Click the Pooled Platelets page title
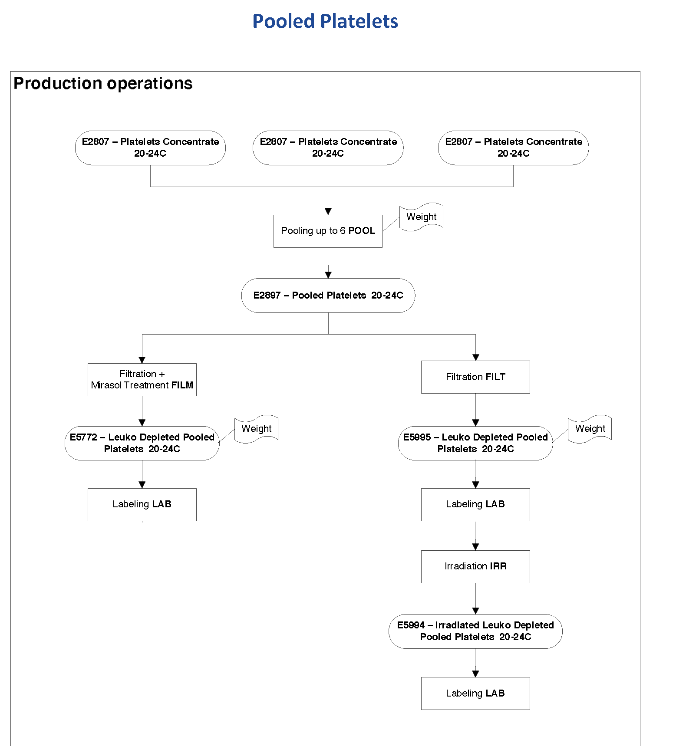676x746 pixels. pyautogui.click(x=325, y=21)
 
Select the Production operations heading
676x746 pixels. pyautogui.click(x=103, y=83)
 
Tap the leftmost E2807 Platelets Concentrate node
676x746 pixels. pyautogui.click(x=150, y=148)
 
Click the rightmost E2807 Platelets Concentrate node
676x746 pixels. pyautogui.click(x=513, y=148)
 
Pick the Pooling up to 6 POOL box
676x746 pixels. pyautogui.click(x=328, y=231)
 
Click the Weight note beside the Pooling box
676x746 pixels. pyautogui.click(x=421, y=217)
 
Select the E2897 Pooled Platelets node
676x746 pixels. pyautogui.click(x=328, y=296)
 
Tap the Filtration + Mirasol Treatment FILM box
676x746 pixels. pyautogui.click(x=142, y=379)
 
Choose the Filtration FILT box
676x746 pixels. pyautogui.click(x=475, y=377)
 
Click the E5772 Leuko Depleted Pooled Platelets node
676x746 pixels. pyautogui.click(x=142, y=443)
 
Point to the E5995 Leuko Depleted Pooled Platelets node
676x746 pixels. pyautogui.click(x=475, y=443)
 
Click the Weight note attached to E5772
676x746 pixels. pyautogui.click(x=256, y=429)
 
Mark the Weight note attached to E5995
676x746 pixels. pyautogui.click(x=590, y=429)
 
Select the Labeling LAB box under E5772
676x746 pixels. pyautogui.click(x=142, y=504)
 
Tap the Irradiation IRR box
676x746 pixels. pyautogui.click(x=475, y=566)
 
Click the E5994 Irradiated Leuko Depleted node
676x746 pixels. pyautogui.click(x=475, y=631)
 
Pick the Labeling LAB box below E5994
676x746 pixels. pyautogui.click(x=475, y=693)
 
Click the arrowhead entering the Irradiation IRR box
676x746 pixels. pyautogui.click(x=475, y=547)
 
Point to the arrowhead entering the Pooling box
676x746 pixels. pyautogui.click(x=328, y=211)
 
